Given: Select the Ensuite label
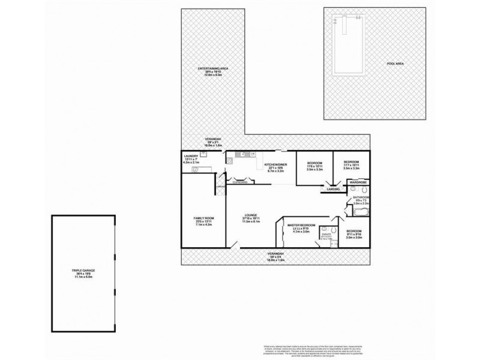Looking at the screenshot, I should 326,236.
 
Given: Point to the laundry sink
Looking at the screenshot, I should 203,154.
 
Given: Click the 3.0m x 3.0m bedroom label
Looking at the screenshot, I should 355,233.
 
